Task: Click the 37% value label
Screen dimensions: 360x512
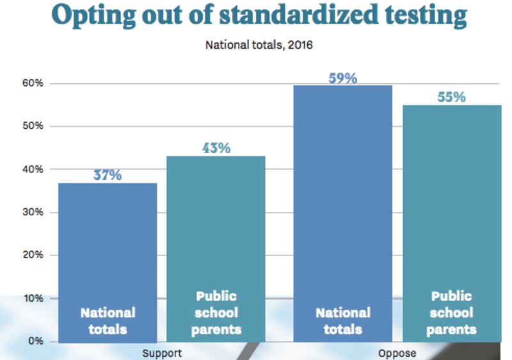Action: (x=107, y=175)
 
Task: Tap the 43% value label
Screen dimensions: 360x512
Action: (x=216, y=148)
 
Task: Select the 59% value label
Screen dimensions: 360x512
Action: (x=342, y=78)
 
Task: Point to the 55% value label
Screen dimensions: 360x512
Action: (x=451, y=97)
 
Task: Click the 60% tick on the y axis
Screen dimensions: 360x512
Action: (x=33, y=83)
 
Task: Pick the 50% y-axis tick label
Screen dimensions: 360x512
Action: (x=33, y=126)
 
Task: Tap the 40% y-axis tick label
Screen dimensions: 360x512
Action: (x=33, y=169)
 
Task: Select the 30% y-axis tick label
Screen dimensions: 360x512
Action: (x=33, y=212)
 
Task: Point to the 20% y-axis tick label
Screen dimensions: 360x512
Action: (x=33, y=255)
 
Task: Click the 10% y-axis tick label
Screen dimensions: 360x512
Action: (x=33, y=298)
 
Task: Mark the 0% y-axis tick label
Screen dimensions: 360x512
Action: (x=35, y=341)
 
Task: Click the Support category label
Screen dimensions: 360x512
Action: (x=162, y=353)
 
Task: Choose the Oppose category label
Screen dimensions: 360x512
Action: (x=397, y=353)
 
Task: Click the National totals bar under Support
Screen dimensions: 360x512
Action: (x=108, y=256)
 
